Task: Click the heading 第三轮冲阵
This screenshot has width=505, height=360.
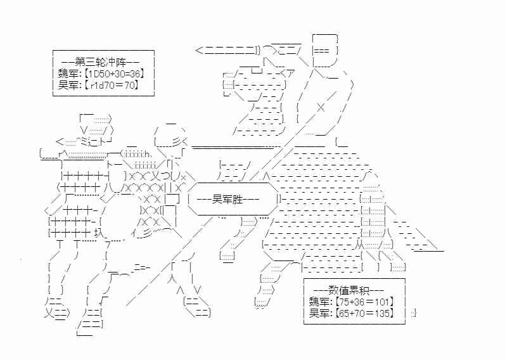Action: tap(100, 62)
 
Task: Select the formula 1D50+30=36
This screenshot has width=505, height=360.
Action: tap(114, 74)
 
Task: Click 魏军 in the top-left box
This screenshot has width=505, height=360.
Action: tap(68, 74)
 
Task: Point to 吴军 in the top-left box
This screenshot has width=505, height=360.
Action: tap(68, 86)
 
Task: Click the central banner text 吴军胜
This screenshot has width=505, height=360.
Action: tap(227, 200)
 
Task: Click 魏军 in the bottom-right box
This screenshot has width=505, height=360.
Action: tap(318, 302)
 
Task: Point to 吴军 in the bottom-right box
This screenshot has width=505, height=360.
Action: tap(318, 313)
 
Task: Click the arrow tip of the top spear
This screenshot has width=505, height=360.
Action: tap(196, 50)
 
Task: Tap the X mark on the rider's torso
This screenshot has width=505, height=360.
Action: tap(321, 107)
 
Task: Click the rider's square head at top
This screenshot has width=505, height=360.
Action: tap(325, 50)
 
